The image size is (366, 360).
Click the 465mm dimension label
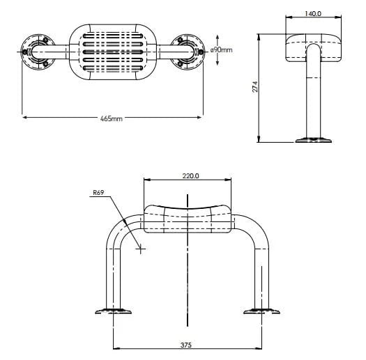pyautogui.click(x=112, y=119)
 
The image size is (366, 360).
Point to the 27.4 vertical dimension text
pyautogui.click(x=256, y=86)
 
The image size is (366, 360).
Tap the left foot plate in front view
pyautogui.click(x=115, y=311)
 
